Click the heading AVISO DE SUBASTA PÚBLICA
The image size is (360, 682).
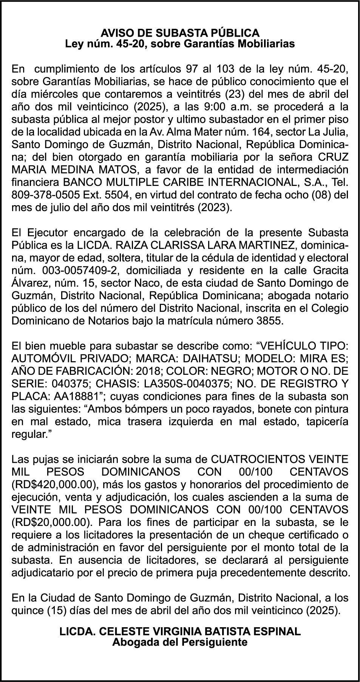pos(180,33)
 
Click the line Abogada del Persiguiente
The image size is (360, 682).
pos(180,642)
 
